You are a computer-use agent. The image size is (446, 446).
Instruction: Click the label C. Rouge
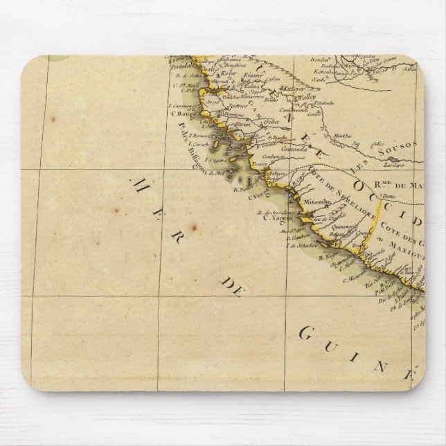(x=182, y=113)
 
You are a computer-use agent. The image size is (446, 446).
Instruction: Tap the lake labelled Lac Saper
(x=393, y=167)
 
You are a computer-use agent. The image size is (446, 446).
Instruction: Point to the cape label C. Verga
(x=258, y=195)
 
